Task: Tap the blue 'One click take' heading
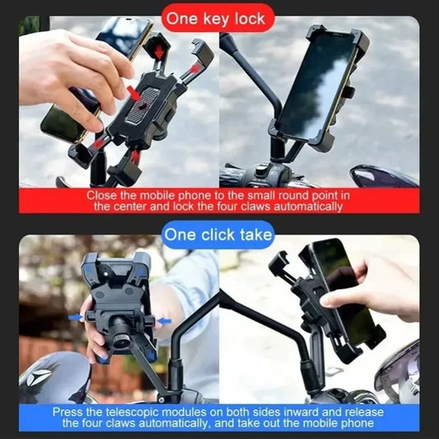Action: [x=218, y=236]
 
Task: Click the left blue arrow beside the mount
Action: [x=77, y=317]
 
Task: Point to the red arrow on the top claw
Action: [x=157, y=50]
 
